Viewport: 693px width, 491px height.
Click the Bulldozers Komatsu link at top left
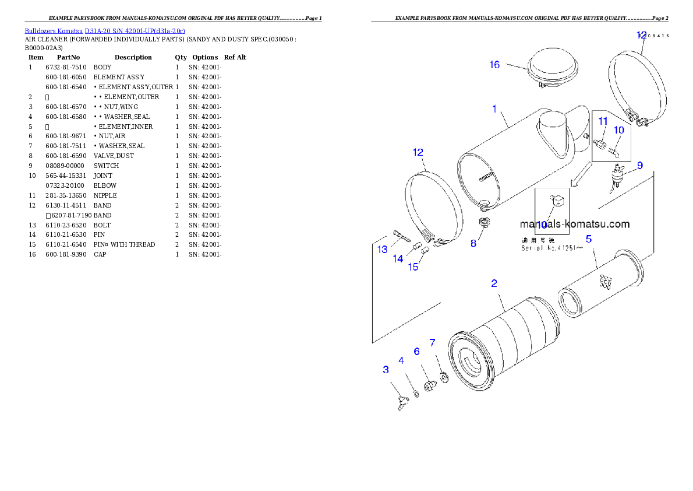click(105, 31)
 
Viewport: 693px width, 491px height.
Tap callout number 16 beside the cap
click(494, 65)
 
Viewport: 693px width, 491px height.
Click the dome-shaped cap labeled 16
click(552, 69)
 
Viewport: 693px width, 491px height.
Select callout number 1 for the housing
click(494, 108)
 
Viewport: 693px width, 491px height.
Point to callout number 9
click(639, 166)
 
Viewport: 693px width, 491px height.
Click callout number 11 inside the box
click(603, 121)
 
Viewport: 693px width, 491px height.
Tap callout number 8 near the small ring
click(473, 243)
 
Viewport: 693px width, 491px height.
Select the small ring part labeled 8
click(483, 223)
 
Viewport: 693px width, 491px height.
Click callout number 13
click(382, 250)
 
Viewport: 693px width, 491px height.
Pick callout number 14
click(398, 259)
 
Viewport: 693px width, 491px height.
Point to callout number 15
click(413, 267)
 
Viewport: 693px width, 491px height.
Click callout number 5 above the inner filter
click(589, 239)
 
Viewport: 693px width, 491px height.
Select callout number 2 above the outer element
click(494, 283)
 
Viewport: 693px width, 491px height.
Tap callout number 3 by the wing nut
click(386, 369)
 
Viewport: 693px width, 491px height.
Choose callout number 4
click(401, 360)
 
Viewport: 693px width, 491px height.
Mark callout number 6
click(417, 351)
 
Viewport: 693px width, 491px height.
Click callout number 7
click(432, 342)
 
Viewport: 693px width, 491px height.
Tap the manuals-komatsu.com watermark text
click(574, 224)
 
